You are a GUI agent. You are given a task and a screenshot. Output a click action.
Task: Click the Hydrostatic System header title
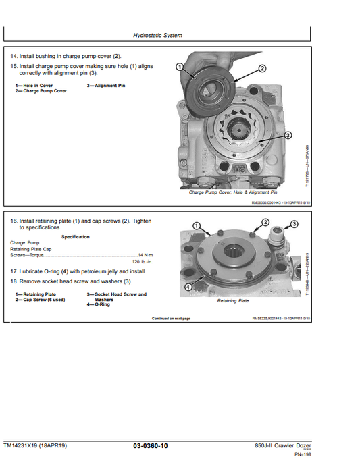[x=157, y=36]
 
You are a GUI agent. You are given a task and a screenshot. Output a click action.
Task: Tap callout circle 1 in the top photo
[x=180, y=66]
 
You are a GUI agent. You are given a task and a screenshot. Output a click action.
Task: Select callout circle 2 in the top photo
[x=262, y=69]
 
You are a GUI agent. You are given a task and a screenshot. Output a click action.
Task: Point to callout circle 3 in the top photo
[x=288, y=135]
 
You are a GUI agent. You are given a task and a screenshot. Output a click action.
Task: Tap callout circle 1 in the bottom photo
[x=196, y=225]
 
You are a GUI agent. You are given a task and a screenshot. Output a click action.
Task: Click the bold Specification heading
[x=75, y=237]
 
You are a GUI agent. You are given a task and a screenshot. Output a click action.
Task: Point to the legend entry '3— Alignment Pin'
[x=106, y=86]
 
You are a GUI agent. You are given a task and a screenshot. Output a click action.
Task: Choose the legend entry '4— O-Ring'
[x=101, y=304]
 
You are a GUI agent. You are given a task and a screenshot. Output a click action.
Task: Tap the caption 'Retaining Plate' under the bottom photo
[x=232, y=301]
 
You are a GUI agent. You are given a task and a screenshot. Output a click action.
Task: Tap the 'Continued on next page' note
[x=171, y=318]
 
